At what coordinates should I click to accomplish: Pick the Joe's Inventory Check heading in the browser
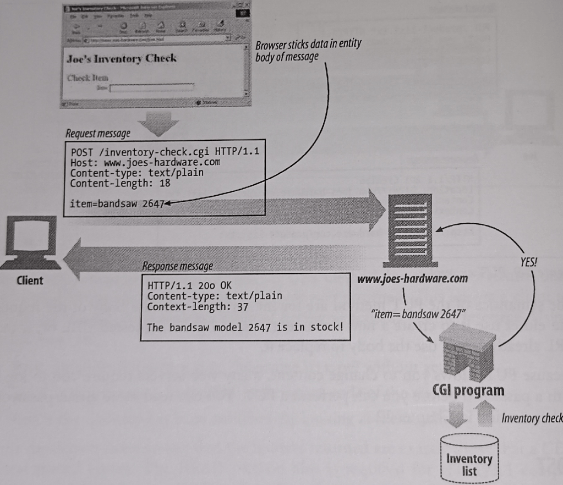click(121, 58)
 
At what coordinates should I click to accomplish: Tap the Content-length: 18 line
click(121, 182)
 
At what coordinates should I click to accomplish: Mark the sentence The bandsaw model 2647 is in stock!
click(245, 326)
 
